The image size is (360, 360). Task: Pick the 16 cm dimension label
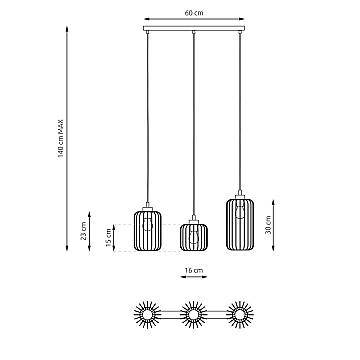click(x=193, y=270)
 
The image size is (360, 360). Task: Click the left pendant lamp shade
click(x=148, y=236)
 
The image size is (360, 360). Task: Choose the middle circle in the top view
click(x=193, y=316)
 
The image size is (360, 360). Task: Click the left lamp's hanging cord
click(x=148, y=120)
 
